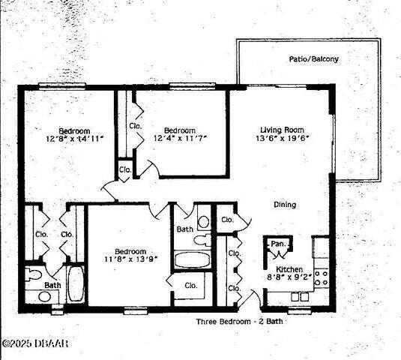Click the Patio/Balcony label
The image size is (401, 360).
[x=314, y=59]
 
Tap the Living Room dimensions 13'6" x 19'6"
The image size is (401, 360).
[x=283, y=138]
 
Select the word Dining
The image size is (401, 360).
[x=285, y=205]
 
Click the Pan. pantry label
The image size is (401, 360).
[x=278, y=244]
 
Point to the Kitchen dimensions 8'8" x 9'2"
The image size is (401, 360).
[x=290, y=277]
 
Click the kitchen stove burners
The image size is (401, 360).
[x=322, y=278]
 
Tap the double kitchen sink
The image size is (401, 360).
[x=300, y=296]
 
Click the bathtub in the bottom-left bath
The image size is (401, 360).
[x=76, y=283]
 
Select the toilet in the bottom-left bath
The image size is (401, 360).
[x=34, y=274]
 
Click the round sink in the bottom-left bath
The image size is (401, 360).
[x=44, y=296]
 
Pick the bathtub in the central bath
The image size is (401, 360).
[x=193, y=259]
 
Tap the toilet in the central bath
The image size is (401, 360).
[x=202, y=241]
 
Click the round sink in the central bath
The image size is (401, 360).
[x=204, y=222]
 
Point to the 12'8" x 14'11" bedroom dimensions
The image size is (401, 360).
[x=74, y=139]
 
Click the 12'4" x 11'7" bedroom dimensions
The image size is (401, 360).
[x=180, y=138]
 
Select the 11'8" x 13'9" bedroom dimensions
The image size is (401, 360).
[x=130, y=259]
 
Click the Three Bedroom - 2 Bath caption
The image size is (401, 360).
[x=240, y=321]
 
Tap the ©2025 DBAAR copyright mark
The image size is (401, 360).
[x=35, y=343]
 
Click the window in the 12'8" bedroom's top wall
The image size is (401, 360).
[x=62, y=86]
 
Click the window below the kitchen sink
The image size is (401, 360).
[x=299, y=311]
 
